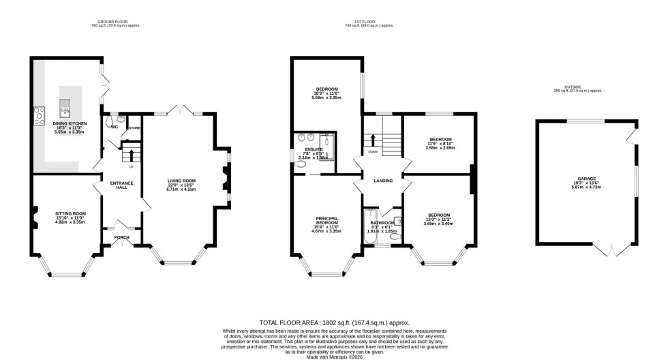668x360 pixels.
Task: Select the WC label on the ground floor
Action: click(114, 127)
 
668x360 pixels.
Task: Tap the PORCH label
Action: click(121, 237)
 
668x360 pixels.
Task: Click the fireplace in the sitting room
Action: click(33, 219)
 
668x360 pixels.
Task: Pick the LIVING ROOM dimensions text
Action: click(181, 188)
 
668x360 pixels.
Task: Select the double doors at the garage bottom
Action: click(611, 250)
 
